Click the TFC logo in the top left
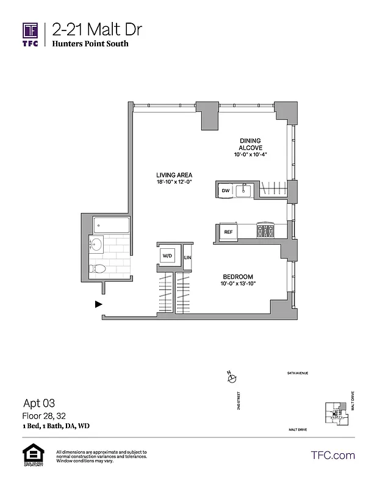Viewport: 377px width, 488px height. (x=31, y=34)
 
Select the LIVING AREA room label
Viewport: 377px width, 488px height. (x=174, y=175)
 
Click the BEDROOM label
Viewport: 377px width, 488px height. (x=237, y=277)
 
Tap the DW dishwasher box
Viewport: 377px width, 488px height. (x=225, y=191)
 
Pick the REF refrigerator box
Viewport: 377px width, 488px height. (x=228, y=232)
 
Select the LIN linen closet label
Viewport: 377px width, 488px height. (x=187, y=258)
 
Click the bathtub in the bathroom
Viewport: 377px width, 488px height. (x=111, y=226)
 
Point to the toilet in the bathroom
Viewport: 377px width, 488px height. (x=98, y=268)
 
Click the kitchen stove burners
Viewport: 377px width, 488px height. (x=266, y=231)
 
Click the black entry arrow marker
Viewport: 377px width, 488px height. (x=98, y=303)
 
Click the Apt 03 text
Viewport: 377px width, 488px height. (x=39, y=403)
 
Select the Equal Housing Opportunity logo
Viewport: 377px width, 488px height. (x=30, y=456)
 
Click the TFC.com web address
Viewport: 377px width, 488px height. (x=332, y=455)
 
